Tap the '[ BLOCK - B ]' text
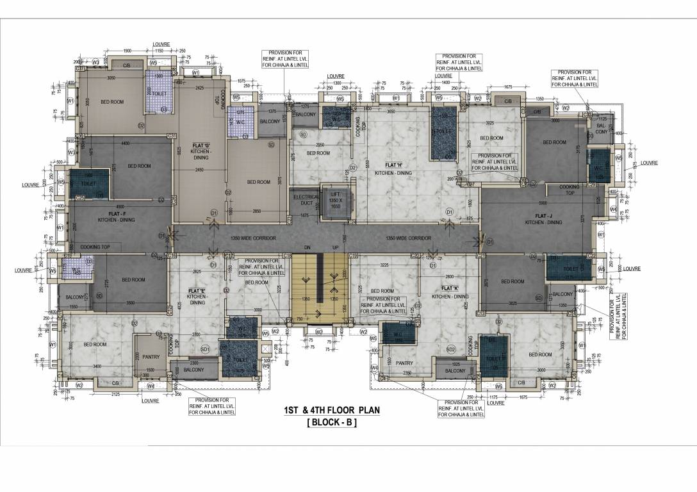[x=332, y=423]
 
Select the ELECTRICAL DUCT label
[x=306, y=200]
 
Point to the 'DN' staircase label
[x=307, y=247]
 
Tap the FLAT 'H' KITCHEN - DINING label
[x=393, y=168]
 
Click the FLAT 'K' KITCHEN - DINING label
[x=450, y=292]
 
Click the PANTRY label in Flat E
[x=151, y=357]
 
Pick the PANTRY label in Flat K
[x=404, y=363]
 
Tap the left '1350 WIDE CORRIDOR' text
[x=250, y=238]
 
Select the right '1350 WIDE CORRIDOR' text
[x=408, y=238]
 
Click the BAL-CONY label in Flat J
[x=601, y=129]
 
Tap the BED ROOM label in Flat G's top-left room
[x=112, y=102]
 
